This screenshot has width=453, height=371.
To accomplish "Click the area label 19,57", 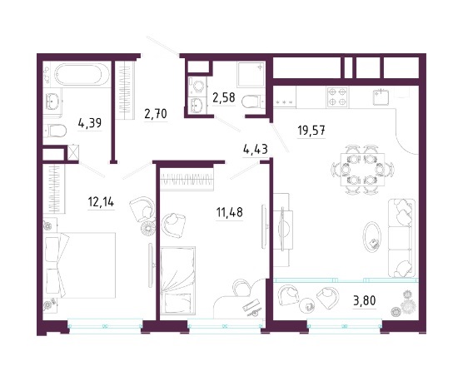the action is (311, 131).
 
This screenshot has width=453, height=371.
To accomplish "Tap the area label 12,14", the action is (101, 202).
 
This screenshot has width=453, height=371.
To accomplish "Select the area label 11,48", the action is (230, 213).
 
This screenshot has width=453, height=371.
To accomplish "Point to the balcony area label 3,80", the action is (364, 300).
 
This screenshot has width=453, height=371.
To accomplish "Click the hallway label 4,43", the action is (256, 150).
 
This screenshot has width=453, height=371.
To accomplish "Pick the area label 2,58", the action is (224, 97).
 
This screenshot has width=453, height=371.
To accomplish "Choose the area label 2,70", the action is (156, 114).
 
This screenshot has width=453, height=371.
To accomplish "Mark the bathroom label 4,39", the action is (90, 123).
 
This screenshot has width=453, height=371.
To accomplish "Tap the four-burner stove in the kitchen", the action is (337, 97).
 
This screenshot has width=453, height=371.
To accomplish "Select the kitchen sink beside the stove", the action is (381, 97).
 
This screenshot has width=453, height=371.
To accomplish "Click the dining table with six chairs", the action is (363, 170).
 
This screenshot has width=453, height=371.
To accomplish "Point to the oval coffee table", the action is (372, 237).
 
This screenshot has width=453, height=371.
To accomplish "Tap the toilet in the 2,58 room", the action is (252, 101).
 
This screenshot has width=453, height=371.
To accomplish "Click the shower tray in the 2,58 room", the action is (251, 74).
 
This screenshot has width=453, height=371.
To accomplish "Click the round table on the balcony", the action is (308, 305).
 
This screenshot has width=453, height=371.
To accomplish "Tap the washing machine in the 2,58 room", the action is (197, 87).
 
